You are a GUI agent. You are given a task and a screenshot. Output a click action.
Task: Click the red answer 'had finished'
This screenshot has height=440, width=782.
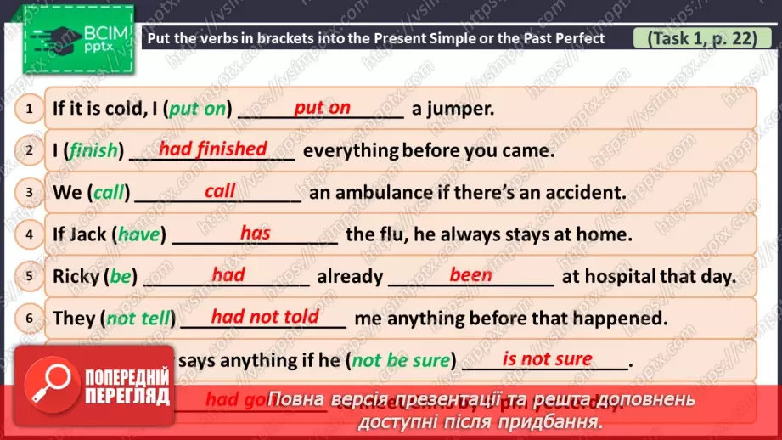(x=213, y=149)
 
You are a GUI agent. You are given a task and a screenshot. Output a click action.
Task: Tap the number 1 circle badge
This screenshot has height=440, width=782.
(x=29, y=109)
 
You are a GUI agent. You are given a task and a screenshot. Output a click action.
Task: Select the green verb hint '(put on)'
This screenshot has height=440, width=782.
(x=198, y=109)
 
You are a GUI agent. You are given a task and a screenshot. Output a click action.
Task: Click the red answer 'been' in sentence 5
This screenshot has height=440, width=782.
(x=470, y=274)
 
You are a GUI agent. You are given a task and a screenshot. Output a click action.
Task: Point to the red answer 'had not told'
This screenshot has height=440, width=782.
(x=265, y=317)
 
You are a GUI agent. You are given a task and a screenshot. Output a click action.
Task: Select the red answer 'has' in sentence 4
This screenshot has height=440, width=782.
(x=255, y=233)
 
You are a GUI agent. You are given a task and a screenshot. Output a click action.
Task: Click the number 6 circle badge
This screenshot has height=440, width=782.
(x=29, y=318)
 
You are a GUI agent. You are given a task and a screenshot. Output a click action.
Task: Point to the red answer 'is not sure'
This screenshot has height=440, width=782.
(x=547, y=358)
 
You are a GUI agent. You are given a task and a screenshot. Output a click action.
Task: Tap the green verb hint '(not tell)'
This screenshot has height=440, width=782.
(x=138, y=319)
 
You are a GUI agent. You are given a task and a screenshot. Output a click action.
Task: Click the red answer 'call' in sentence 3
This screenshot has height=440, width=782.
(x=220, y=191)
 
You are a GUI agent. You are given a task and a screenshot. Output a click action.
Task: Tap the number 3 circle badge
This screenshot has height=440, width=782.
(x=29, y=192)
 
